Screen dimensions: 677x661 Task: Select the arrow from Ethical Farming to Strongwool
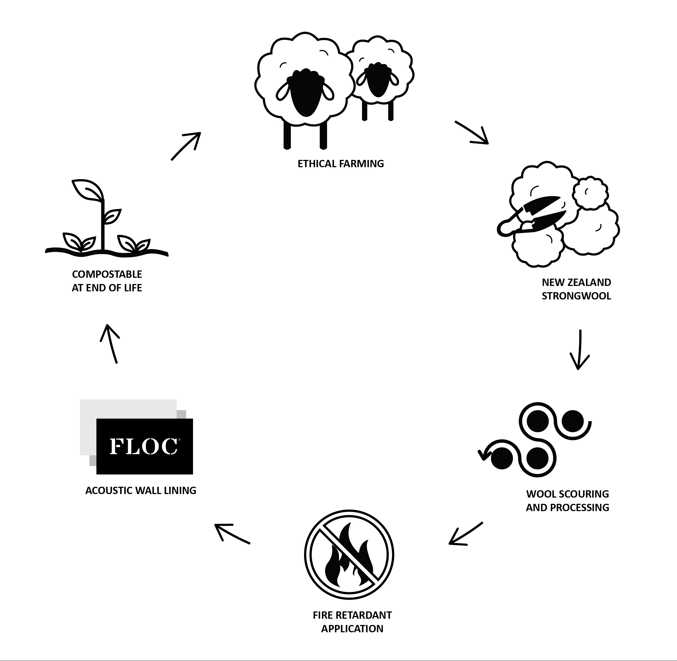tap(471, 132)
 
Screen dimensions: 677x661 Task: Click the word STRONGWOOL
tap(576, 296)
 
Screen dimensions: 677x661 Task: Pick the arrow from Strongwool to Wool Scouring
tap(580, 350)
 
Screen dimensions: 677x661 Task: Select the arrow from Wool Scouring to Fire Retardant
tap(466, 533)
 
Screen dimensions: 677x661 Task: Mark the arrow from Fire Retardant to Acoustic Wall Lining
tap(232, 533)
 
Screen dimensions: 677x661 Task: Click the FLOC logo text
tap(144, 446)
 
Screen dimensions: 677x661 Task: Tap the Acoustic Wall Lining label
tap(141, 491)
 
